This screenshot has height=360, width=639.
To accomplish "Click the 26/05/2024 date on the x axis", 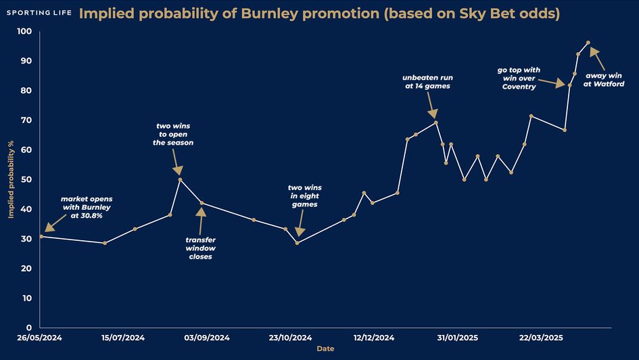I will click(41, 337).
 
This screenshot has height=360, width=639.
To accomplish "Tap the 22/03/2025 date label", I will click(540, 337).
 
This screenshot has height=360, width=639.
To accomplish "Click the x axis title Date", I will click(325, 348).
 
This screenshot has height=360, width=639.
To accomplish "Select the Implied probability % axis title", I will click(11, 179).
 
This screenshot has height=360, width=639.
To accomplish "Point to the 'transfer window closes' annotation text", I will click(201, 248).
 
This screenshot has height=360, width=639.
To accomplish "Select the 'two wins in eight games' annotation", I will click(302, 196).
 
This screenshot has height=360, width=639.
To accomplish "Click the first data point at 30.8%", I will click(41, 236).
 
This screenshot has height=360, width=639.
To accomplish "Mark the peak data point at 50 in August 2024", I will click(180, 179).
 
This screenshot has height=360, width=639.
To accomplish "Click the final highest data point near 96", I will click(588, 43).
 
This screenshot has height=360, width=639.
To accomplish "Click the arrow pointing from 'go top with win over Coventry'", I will click(551, 83).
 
